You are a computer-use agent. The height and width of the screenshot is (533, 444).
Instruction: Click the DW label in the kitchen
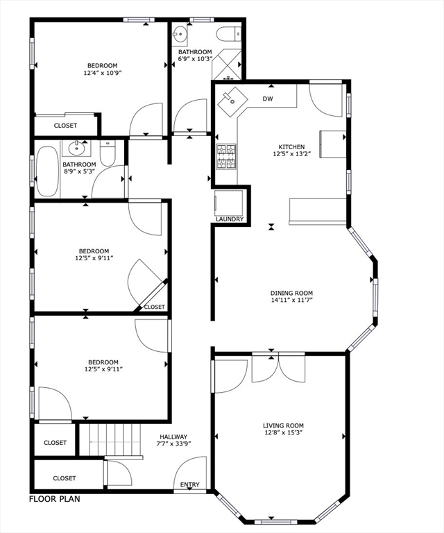coord(268,99)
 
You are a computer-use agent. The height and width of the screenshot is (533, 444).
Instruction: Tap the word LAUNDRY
coord(230,219)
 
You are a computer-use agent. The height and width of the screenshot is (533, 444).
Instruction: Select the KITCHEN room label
coord(291,147)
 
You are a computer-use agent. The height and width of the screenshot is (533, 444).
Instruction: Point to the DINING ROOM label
coord(292,293)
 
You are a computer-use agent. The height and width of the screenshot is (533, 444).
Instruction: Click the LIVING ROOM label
coord(283,425)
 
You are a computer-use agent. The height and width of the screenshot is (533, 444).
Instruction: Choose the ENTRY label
coord(190,484)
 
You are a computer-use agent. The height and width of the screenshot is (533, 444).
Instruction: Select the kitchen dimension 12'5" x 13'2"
coord(291,155)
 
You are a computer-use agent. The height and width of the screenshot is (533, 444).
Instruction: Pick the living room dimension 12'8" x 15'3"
coord(283,433)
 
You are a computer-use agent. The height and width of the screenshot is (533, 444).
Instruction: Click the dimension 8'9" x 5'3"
coord(78,172)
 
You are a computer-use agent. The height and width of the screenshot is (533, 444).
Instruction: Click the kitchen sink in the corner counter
coord(233,103)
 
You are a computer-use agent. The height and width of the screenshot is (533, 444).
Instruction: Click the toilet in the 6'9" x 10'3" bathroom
coord(228,33)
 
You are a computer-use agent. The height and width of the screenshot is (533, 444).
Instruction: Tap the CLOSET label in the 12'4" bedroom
coord(65,126)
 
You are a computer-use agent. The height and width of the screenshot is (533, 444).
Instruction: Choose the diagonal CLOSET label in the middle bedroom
coord(154,307)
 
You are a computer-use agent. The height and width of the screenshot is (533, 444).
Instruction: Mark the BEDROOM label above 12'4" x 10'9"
coord(103,65)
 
